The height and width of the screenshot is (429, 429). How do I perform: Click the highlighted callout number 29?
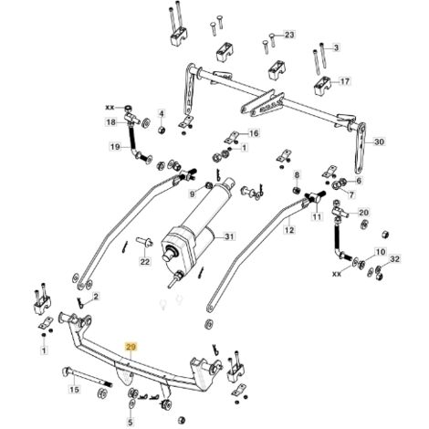pos(131,347)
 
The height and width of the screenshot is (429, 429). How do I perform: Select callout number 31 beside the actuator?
pos(230,236)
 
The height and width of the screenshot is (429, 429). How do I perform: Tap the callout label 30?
pos(379,141)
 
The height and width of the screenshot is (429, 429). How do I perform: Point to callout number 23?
pos(289,35)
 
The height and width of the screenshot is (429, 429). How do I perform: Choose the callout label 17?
pos(345,81)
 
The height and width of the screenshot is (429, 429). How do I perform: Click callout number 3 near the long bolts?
pos(336,47)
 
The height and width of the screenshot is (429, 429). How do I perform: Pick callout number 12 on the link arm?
pos(289,230)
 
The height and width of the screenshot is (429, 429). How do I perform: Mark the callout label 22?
pos(145,261)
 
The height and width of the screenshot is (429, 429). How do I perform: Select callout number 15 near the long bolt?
pos(75,389)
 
